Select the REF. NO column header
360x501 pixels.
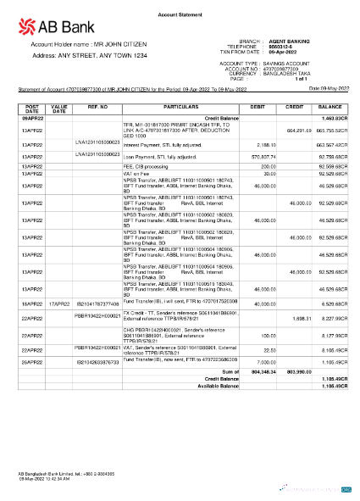98,108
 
